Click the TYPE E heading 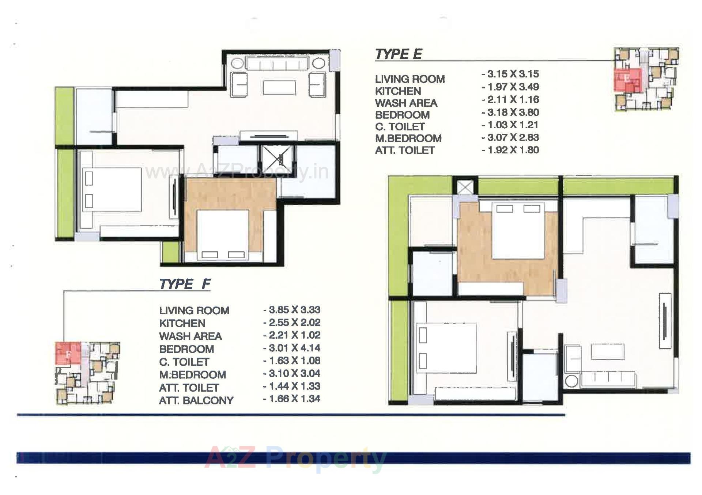[399, 54]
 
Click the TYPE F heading [185, 284]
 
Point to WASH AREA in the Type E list [406, 103]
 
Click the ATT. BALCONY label [196, 401]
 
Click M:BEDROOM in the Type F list [192, 375]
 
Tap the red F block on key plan [68, 353]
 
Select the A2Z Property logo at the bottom [295, 459]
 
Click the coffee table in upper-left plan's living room [279, 88]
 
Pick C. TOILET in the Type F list [184, 362]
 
